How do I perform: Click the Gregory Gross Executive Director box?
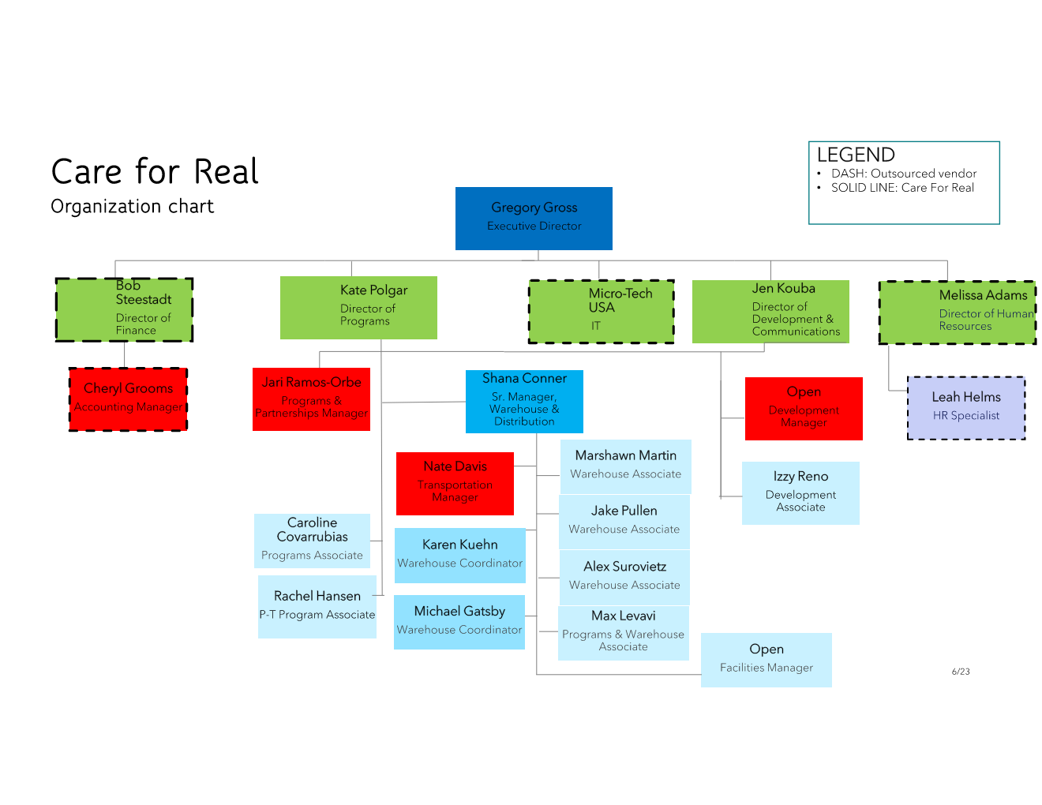pos(534,219)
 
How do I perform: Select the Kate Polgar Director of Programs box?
pos(358,308)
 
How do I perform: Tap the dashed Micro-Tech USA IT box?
pos(602,312)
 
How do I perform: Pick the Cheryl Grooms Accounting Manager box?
pos(128,399)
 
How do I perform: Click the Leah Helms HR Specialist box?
pos(966,408)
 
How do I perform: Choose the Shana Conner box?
pos(524,402)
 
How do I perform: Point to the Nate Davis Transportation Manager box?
pos(455,484)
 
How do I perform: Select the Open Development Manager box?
pos(804,409)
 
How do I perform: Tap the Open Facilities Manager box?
pos(766,660)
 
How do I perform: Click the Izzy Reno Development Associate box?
pos(800,493)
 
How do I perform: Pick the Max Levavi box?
pos(623,633)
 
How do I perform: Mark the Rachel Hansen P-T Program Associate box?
pos(317,607)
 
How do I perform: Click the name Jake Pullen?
pos(624,511)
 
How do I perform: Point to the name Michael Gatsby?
pos(459,612)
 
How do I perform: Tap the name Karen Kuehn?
pos(459,545)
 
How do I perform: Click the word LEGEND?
pos(856,155)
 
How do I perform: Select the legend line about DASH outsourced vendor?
pos(903,174)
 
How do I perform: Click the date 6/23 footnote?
pos(961,672)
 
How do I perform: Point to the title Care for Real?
pos(155,172)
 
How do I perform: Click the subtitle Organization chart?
pos(132,207)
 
